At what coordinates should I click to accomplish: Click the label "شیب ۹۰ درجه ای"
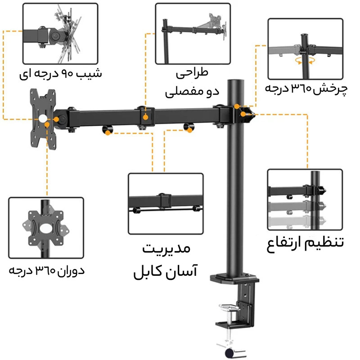(60, 74)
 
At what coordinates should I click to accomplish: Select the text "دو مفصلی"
(192, 92)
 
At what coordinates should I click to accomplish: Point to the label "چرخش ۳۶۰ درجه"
(306, 89)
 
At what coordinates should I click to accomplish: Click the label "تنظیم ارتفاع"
(305, 243)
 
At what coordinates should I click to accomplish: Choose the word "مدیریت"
(166, 249)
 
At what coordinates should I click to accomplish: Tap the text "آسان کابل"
(166, 272)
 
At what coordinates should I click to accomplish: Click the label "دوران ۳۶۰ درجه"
(47, 271)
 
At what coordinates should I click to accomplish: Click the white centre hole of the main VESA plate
(43, 118)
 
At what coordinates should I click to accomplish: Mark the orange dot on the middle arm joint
(145, 117)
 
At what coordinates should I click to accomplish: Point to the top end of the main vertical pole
(235, 81)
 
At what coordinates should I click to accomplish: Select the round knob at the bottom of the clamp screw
(230, 353)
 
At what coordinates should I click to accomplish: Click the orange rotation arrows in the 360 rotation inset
(305, 61)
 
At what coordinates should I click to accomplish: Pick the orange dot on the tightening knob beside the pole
(243, 114)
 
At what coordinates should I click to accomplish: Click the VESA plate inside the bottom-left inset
(46, 228)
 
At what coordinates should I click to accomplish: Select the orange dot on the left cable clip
(108, 132)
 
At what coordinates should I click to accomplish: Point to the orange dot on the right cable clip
(189, 130)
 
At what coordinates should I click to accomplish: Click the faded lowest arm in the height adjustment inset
(297, 221)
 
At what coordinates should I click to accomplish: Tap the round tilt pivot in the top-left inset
(55, 36)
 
